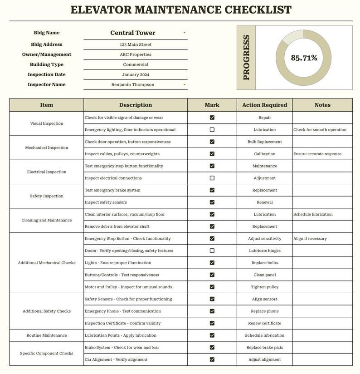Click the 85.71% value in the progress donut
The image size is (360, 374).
point(304,58)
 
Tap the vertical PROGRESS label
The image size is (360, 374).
point(246,58)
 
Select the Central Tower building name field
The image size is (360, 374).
point(133,33)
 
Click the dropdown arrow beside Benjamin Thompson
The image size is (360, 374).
point(184,84)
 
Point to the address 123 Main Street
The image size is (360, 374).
point(136,44)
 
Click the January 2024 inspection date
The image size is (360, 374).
point(136,74)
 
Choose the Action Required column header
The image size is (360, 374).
point(264,105)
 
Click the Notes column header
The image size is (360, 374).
point(322,105)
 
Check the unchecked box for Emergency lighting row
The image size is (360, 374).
point(212,129)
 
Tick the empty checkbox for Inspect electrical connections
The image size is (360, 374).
point(212,178)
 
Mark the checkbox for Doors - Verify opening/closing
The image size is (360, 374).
point(212,251)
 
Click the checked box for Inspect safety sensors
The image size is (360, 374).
point(212,202)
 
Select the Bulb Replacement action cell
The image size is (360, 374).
point(264,142)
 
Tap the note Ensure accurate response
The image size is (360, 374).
point(317,154)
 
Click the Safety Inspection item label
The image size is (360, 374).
point(47,196)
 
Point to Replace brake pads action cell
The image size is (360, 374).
point(264,347)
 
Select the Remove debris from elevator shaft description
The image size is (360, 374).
point(117,226)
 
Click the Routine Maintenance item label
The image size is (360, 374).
point(47,335)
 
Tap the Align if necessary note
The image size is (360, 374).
point(310,238)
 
